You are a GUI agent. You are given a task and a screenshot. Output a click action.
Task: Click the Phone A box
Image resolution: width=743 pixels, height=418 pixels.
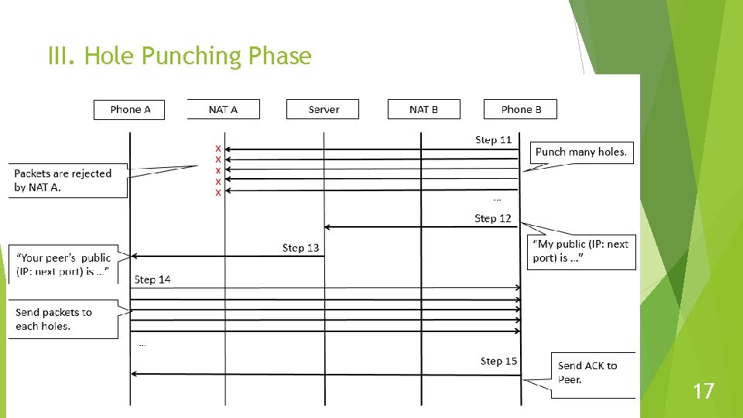(x=130, y=109)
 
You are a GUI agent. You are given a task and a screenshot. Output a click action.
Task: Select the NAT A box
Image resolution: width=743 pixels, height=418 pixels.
(x=223, y=109)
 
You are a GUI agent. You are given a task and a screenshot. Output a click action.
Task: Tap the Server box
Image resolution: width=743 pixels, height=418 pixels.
(x=324, y=109)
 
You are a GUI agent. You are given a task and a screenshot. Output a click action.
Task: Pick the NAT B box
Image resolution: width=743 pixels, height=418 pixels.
(x=423, y=109)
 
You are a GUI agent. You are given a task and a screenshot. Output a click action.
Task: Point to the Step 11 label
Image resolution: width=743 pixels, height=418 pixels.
(x=493, y=140)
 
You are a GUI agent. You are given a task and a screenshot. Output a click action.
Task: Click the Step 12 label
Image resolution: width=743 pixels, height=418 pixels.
(x=493, y=218)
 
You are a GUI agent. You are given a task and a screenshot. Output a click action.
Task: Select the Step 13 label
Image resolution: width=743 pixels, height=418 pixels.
(x=300, y=248)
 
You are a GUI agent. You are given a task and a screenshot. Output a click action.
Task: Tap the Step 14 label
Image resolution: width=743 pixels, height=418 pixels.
(x=152, y=279)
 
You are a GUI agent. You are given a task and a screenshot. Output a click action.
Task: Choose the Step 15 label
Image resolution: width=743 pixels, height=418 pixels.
(x=498, y=361)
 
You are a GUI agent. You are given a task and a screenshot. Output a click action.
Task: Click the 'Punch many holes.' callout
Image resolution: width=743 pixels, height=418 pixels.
(x=580, y=152)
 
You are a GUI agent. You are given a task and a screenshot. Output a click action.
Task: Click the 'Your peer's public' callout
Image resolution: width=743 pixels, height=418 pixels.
(x=63, y=264)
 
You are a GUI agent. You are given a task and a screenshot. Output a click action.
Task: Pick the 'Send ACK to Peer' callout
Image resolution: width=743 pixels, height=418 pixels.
(x=592, y=372)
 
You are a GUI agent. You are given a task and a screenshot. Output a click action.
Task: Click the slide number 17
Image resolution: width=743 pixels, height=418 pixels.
(x=703, y=392)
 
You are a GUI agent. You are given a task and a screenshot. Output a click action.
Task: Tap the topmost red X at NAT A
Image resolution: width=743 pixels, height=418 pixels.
(x=218, y=148)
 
